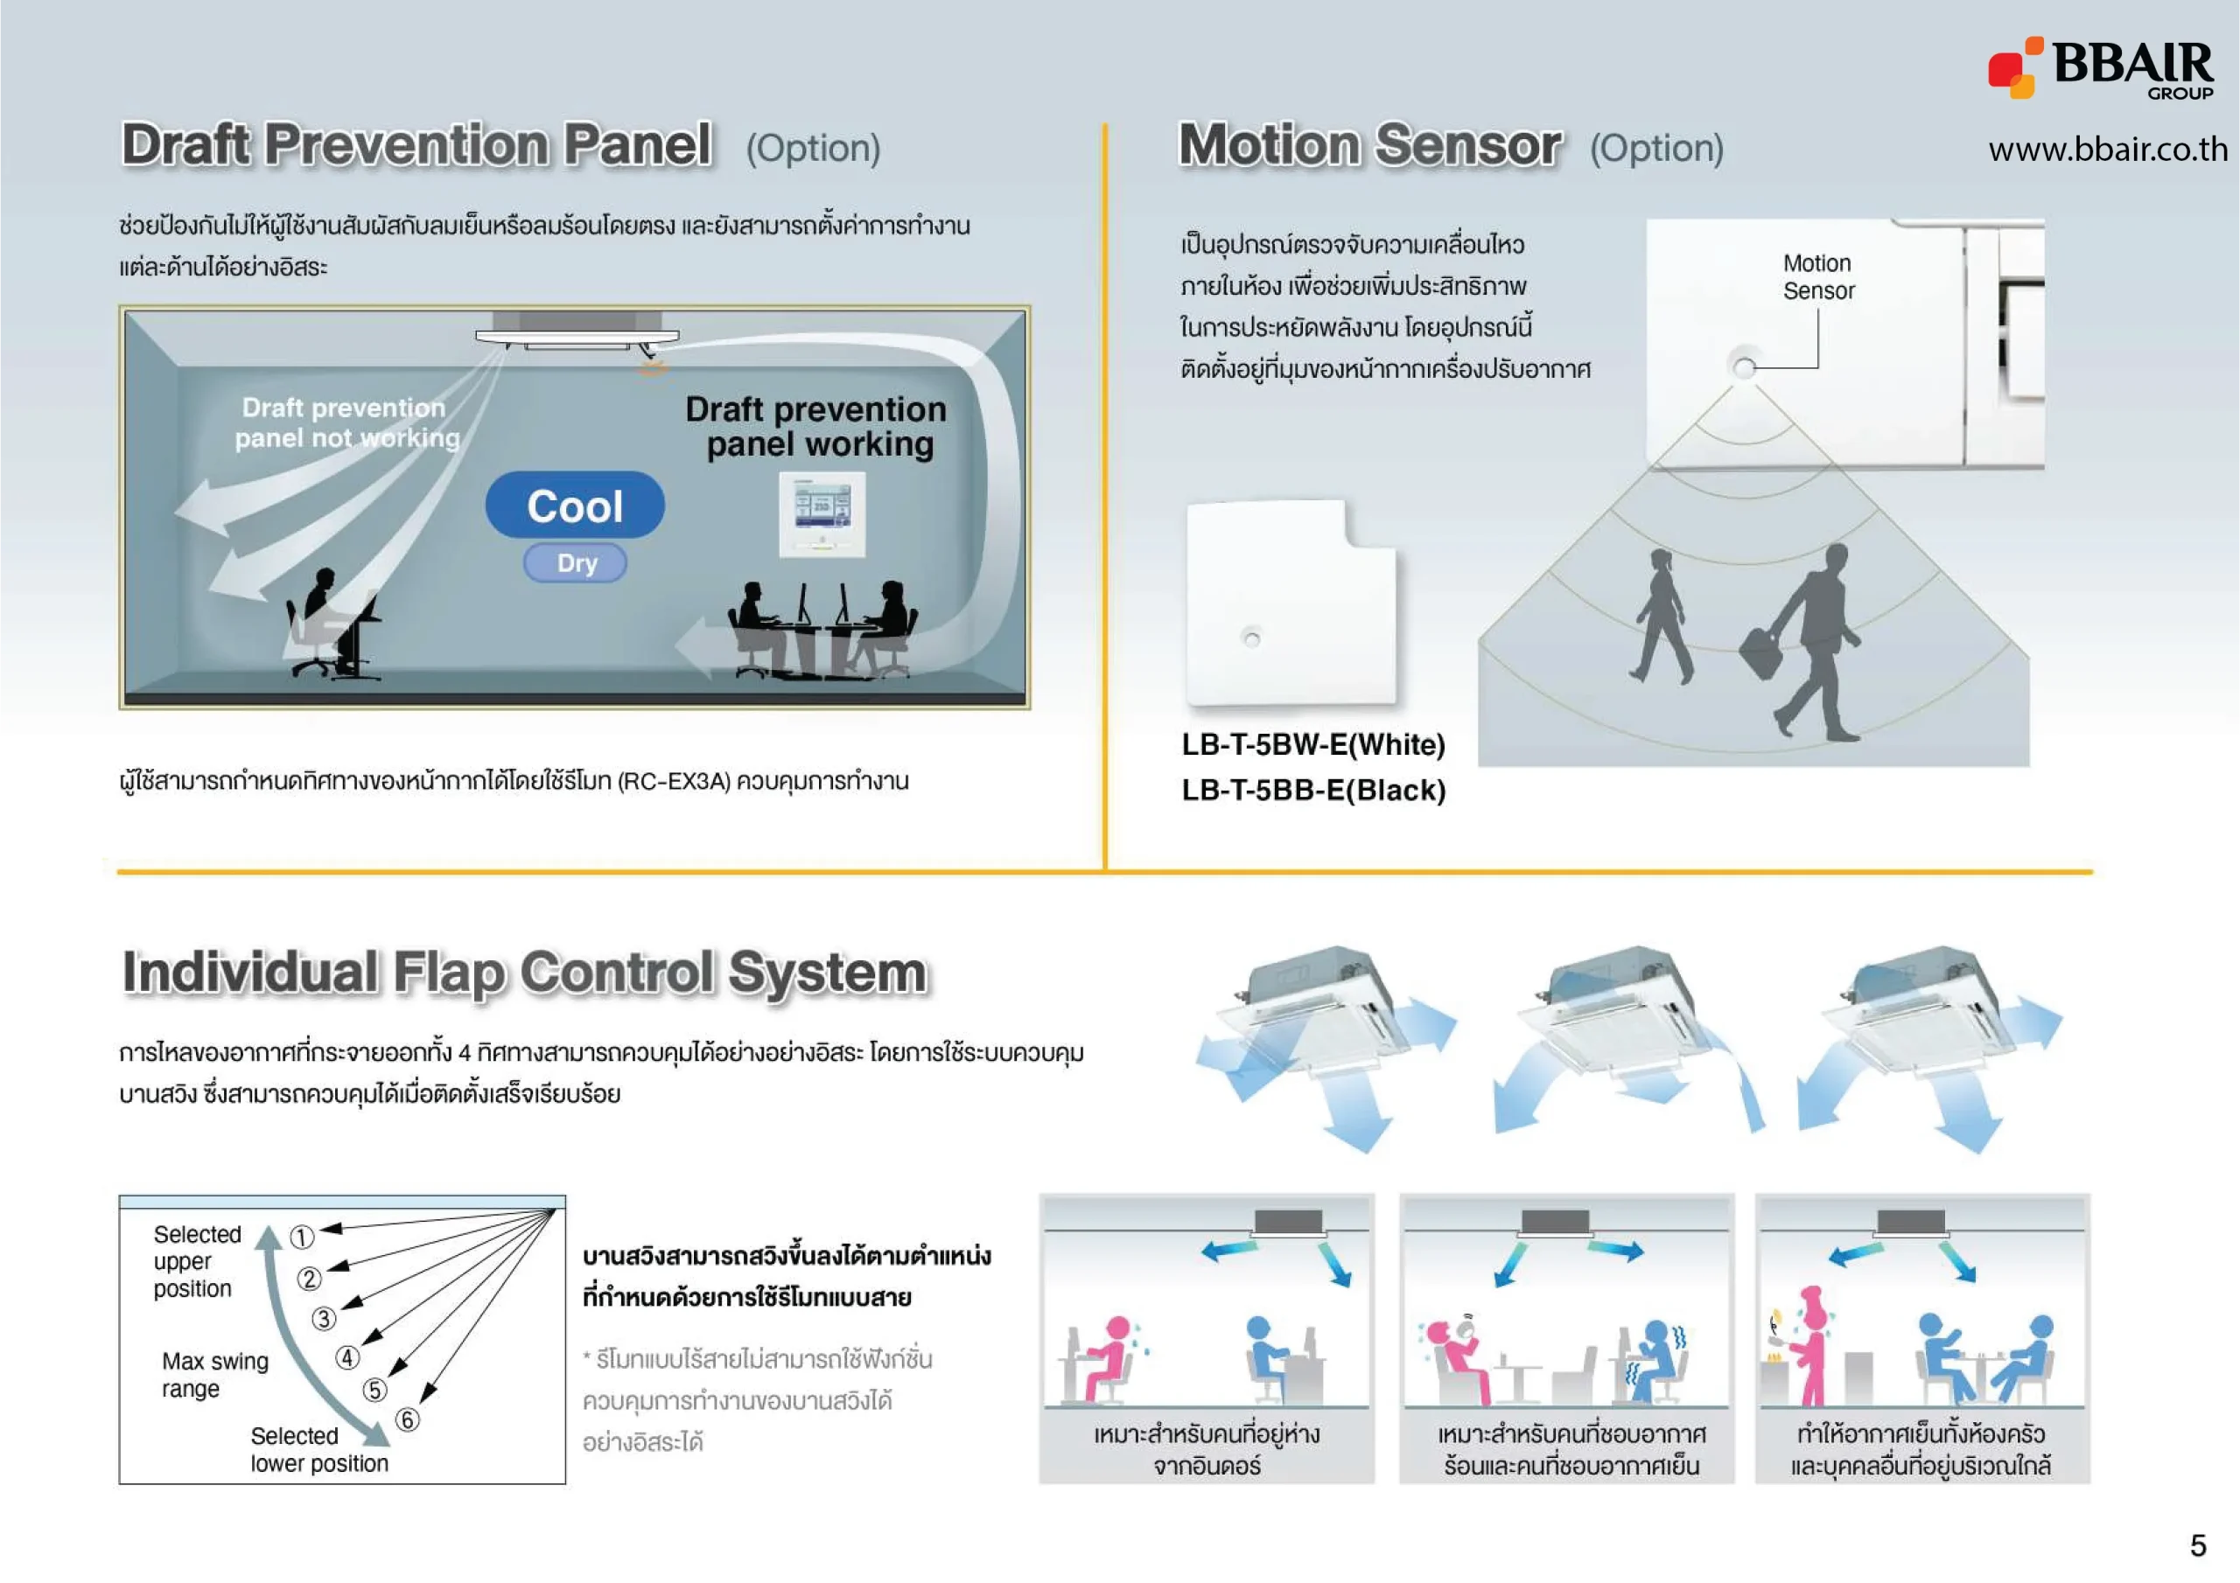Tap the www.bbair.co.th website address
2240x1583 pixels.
[2107, 150]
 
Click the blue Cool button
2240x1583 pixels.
[575, 506]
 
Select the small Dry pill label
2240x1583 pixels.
[576, 562]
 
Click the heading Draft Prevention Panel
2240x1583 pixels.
[416, 145]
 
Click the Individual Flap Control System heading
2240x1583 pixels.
[524, 973]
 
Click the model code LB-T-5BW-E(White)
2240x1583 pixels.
[1312, 745]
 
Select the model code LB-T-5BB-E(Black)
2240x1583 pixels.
[1312, 790]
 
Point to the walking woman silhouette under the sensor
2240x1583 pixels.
[1661, 616]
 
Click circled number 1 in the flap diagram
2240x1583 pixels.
[302, 1237]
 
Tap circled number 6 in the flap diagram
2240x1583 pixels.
[407, 1419]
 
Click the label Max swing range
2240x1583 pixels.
[214, 1374]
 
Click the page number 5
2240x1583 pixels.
[2197, 1545]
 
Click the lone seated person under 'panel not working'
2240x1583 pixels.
[319, 624]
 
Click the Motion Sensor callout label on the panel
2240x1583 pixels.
[1817, 277]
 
